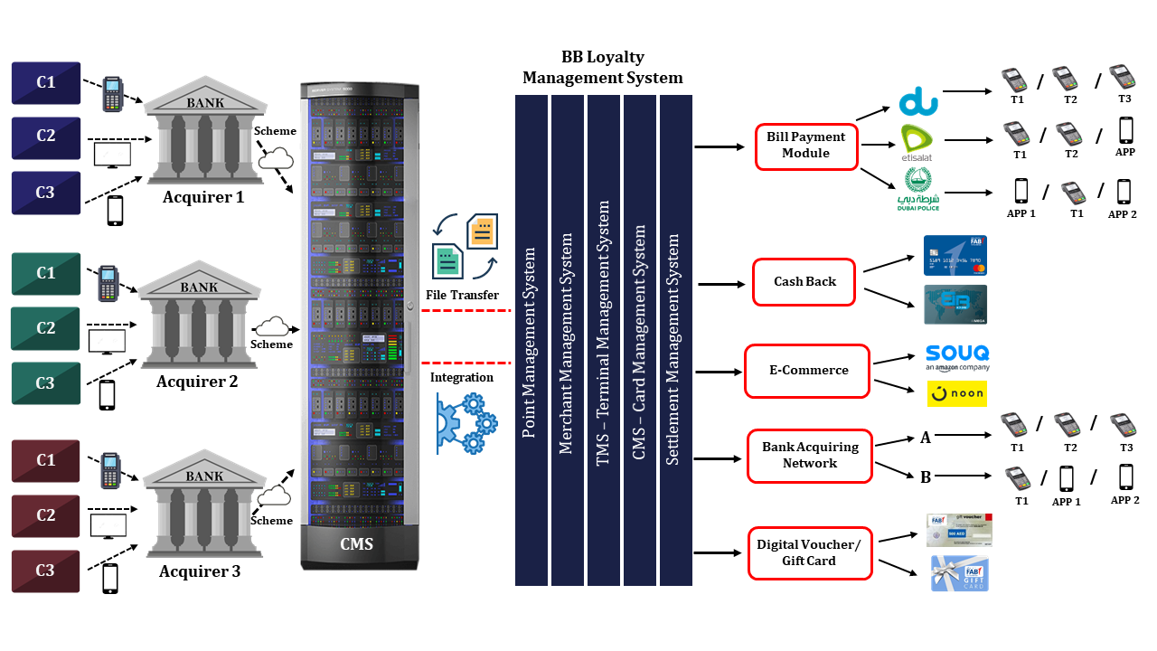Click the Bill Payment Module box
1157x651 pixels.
(805, 146)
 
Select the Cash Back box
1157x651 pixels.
(804, 281)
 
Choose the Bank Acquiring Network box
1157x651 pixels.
(810, 456)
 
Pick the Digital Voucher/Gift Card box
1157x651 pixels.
(809, 553)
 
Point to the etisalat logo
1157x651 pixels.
(917, 143)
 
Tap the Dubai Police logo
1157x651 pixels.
(917, 190)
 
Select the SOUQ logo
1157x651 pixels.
(957, 356)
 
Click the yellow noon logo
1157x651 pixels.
(956, 394)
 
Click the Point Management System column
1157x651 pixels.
(531, 339)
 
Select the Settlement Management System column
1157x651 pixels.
(675, 339)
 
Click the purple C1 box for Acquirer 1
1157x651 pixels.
(46, 83)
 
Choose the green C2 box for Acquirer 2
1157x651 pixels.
(46, 328)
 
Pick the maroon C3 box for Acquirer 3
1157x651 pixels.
(46, 571)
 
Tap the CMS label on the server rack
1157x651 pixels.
(356, 544)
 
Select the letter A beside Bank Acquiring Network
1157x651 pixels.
(926, 438)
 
